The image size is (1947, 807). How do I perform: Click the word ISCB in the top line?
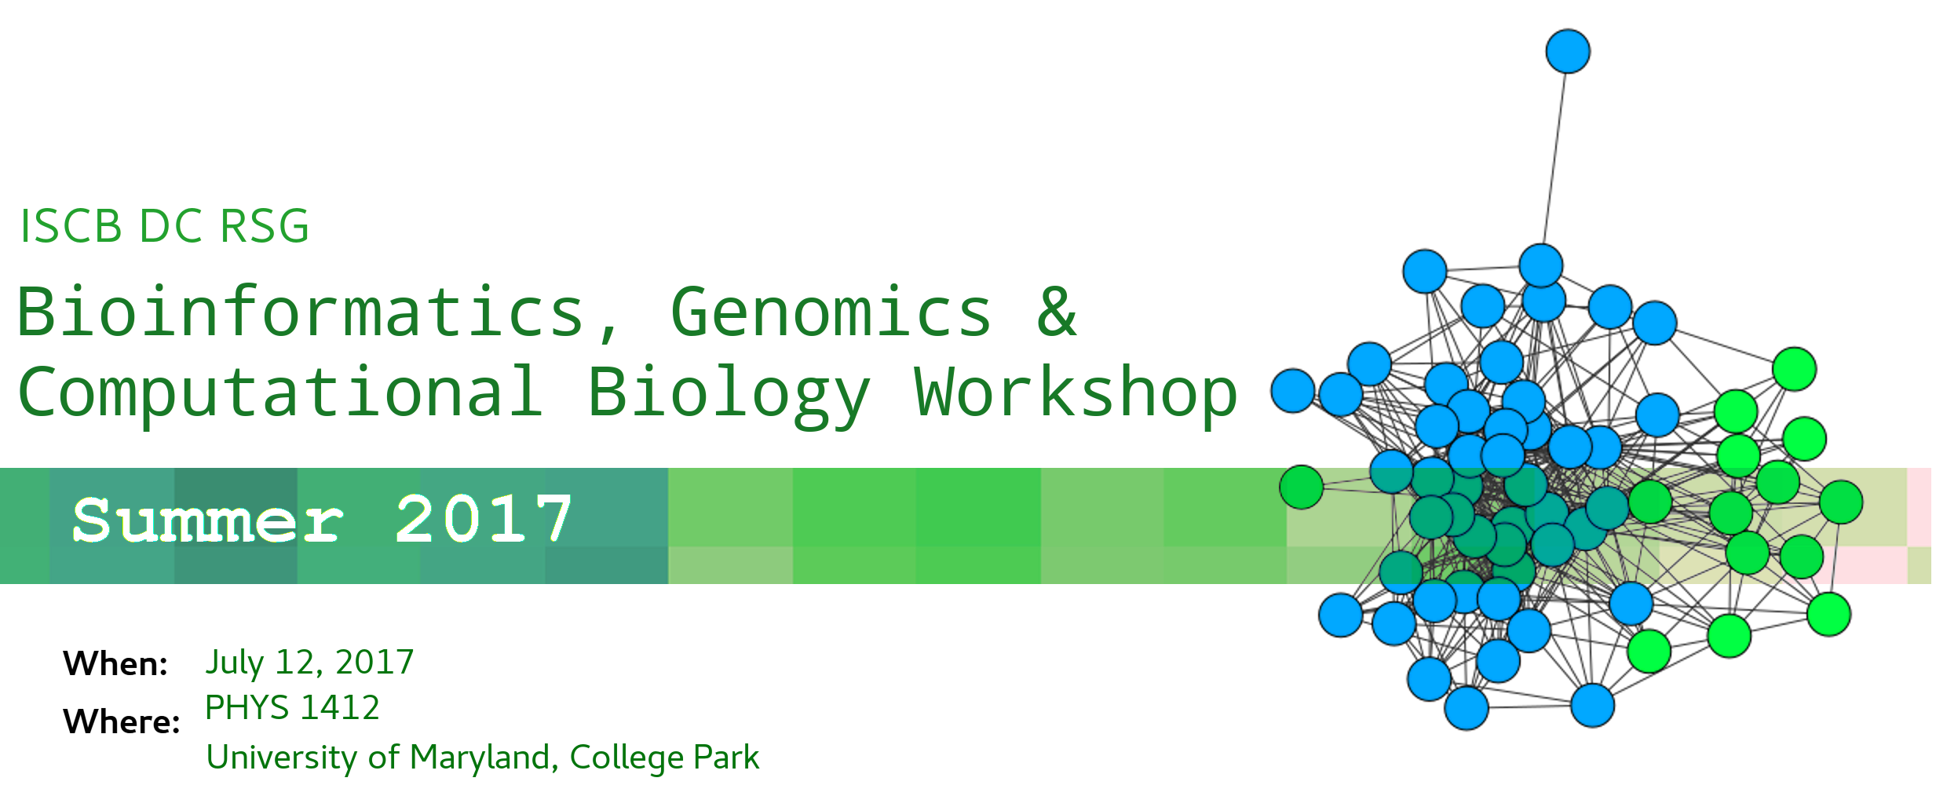[x=71, y=226]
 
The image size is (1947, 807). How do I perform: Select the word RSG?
[x=264, y=226]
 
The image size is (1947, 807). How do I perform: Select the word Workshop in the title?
[x=1076, y=392]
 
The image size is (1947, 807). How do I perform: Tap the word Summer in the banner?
[x=208, y=520]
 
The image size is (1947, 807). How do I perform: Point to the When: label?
[x=115, y=664]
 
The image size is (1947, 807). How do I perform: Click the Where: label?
[x=122, y=721]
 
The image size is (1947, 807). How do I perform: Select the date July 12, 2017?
[x=309, y=663]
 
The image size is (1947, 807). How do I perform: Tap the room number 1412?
[x=341, y=708]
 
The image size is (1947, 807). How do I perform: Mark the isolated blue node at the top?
[x=1568, y=52]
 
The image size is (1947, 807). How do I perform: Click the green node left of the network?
[x=1302, y=487]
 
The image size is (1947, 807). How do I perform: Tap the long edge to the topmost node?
[x=1554, y=159]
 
